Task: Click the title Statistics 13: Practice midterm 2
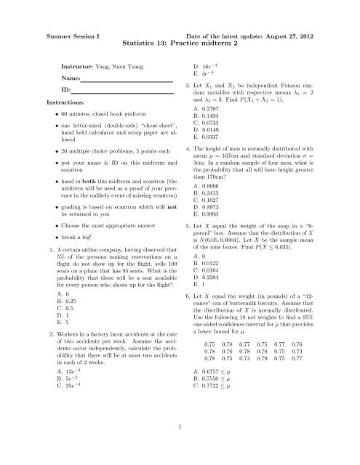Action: click(180, 42)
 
